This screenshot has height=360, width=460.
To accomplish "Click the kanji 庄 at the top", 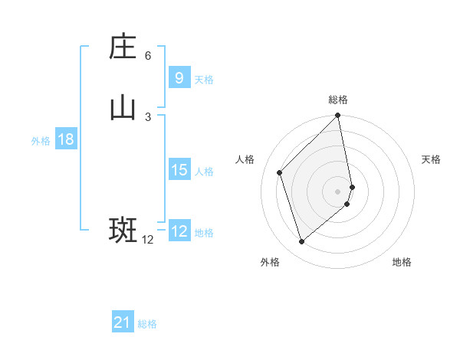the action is [x=123, y=47].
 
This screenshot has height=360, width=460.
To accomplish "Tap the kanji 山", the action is [x=123, y=108].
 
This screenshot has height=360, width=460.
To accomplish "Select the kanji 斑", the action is [x=123, y=230].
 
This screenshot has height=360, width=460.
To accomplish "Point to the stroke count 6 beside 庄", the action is [x=148, y=56].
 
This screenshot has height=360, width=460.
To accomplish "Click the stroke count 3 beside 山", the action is [x=148, y=116].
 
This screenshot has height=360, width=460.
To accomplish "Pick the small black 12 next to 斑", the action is [x=148, y=240].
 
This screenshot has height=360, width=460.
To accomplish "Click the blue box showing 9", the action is [x=179, y=78].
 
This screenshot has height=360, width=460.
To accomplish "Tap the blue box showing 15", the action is [x=179, y=170].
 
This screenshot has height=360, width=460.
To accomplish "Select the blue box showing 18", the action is [x=65, y=139].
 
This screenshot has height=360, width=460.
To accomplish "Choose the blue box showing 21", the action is [x=123, y=323].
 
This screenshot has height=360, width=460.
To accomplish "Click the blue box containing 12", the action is [x=179, y=231].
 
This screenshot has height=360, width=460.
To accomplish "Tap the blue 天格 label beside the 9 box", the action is [x=204, y=80].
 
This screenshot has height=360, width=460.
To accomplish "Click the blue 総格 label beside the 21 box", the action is [x=147, y=325].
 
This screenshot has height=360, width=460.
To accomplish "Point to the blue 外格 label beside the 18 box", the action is [x=41, y=141].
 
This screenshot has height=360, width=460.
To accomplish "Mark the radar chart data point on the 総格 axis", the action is [x=338, y=116].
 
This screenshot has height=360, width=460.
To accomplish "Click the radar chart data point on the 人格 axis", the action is [x=280, y=172].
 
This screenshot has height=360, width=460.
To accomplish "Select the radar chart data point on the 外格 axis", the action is [x=301, y=242].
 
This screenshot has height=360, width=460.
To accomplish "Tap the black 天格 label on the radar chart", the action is [x=431, y=159].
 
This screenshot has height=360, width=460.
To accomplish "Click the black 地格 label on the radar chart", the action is [x=402, y=263].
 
